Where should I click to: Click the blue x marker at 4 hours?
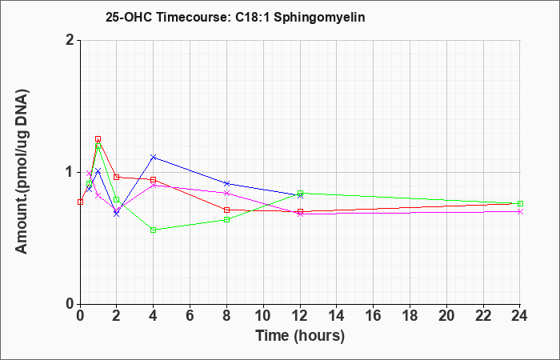pos(154,157)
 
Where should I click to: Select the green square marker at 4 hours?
pos(154,230)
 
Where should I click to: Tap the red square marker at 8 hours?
pos(226,210)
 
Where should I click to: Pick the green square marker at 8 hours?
pos(226,220)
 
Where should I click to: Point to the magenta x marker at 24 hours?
pos(520,212)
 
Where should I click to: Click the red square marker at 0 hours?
pos(80,202)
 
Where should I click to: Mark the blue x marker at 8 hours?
pos(226,183)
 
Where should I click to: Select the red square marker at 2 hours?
pos(117,177)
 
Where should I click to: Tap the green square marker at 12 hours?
pos(300,194)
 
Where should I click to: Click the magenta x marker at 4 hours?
pos(154,186)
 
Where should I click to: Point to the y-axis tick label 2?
pos(70,40)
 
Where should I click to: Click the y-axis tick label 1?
pos(70,173)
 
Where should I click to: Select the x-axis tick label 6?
pos(190,316)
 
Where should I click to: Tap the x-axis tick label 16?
pos(374,316)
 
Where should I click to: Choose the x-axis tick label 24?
pos(520,316)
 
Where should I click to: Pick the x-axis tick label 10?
pos(263,316)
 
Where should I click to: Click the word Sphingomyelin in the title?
pos(319,18)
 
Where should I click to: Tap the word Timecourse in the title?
pos(194,17)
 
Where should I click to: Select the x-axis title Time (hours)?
pos(300,336)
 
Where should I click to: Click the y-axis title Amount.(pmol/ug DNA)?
pos(22,172)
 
